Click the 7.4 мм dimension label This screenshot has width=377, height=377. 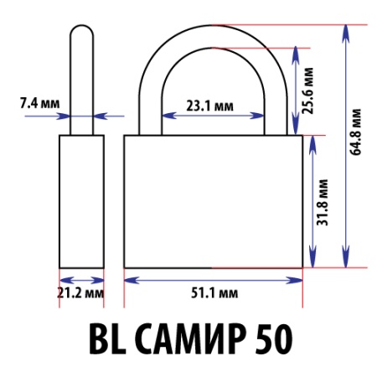click(39, 104)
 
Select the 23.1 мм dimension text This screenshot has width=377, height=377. click(209, 106)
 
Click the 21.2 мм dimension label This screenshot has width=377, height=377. click(80, 294)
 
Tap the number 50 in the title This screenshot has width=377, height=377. click(271, 339)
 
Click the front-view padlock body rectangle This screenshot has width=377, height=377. click(213, 201)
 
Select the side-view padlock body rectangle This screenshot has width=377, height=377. click(80, 201)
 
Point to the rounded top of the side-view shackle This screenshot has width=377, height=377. click(80, 28)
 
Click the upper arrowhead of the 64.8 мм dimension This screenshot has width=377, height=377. click(345, 30)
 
